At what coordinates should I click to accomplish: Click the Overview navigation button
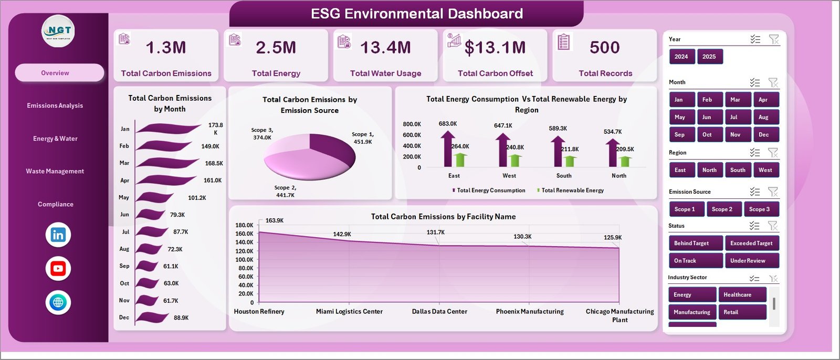pos(59,73)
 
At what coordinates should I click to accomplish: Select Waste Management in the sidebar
pos(55,171)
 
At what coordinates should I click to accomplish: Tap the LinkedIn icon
pos(58,235)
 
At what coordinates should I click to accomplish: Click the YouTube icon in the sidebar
pos(58,269)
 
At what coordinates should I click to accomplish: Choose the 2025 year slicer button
pos(709,57)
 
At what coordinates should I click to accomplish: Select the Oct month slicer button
pos(707,134)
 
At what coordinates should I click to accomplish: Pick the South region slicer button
pos(738,170)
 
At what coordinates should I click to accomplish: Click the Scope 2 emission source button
pos(722,209)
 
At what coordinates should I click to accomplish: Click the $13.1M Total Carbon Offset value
pos(495,48)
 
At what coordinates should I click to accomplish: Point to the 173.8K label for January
pos(215,129)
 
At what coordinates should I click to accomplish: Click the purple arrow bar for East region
pos(447,150)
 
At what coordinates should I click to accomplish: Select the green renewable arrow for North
pos(625,161)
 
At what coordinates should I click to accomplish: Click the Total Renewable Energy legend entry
pos(572,190)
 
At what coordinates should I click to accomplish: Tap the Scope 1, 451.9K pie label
pos(363,138)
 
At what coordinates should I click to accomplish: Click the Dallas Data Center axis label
pos(439,311)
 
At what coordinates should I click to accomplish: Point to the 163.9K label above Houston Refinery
pos(275,220)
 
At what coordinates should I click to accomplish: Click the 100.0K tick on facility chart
pos(244,259)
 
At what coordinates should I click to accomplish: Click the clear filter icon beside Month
pos(773,82)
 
